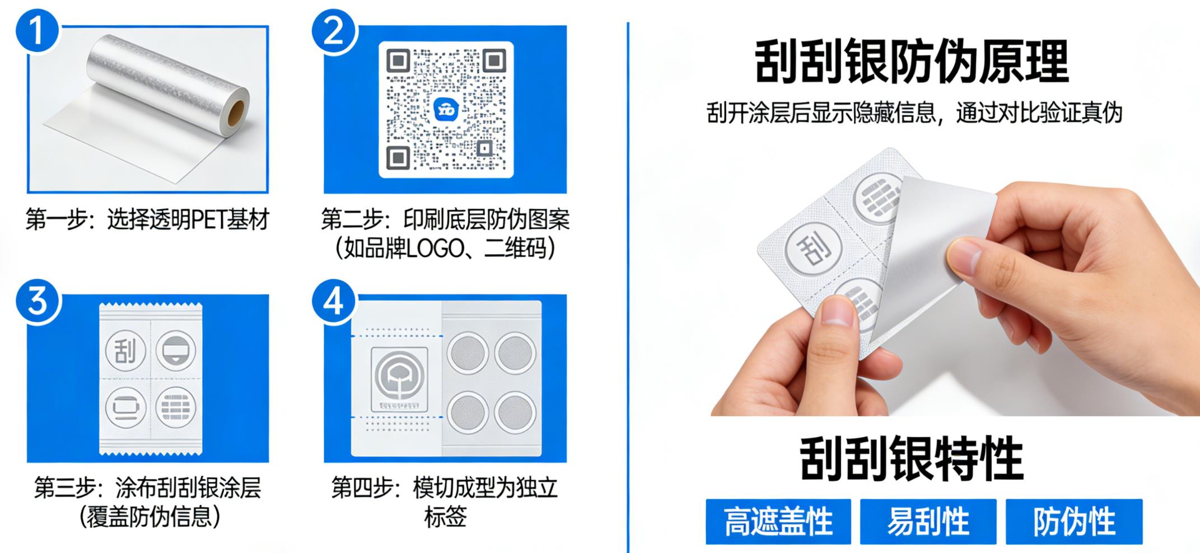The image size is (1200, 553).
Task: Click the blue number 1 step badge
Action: click(x=37, y=30)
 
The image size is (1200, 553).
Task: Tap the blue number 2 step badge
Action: click(x=334, y=30)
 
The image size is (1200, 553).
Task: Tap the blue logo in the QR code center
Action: click(x=446, y=109)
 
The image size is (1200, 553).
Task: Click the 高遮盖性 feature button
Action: click(x=778, y=522)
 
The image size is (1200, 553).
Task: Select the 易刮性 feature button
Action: click(x=928, y=522)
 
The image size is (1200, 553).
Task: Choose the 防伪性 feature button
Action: click(x=1073, y=522)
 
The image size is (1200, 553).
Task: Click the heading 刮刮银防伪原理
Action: click(x=912, y=62)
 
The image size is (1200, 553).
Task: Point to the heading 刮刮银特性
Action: click(x=912, y=459)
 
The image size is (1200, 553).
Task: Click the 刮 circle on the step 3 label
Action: click(x=126, y=351)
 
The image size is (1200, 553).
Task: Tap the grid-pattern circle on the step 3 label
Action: click(x=175, y=407)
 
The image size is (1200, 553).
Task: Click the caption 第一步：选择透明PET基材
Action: click(x=147, y=219)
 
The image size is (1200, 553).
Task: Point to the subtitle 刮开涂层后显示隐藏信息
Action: click(x=821, y=113)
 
